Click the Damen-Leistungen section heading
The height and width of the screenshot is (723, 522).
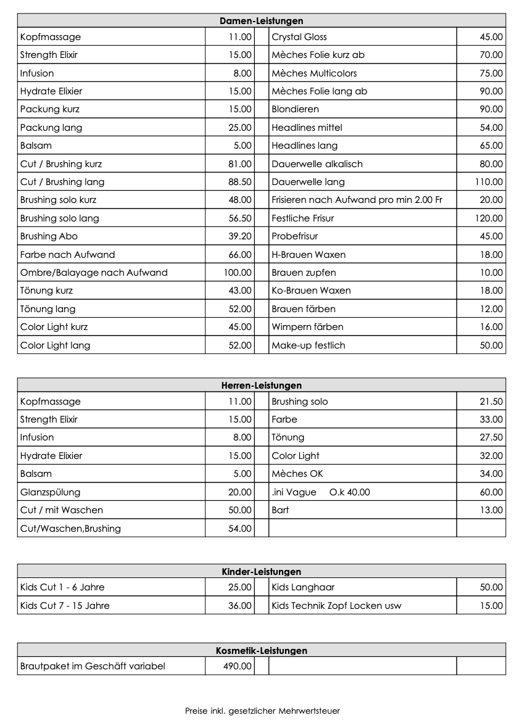(x=262, y=21)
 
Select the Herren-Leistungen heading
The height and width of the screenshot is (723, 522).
(x=262, y=386)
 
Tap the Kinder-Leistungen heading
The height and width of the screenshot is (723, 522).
(x=262, y=572)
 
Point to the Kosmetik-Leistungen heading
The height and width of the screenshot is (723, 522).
(x=262, y=651)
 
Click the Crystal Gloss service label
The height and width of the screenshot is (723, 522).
(x=299, y=37)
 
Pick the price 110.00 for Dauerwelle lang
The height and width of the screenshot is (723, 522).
(x=489, y=182)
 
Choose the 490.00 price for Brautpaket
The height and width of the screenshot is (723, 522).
(x=238, y=666)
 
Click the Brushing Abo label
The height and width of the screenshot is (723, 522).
(x=49, y=236)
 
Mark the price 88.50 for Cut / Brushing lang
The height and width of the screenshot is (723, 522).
(x=239, y=182)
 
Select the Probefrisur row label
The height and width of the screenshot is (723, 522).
(x=295, y=236)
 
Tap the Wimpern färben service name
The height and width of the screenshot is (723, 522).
(x=307, y=327)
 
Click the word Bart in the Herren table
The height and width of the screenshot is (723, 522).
(x=280, y=510)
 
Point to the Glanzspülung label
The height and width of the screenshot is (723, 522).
(x=50, y=492)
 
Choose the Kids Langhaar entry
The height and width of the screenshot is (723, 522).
(x=303, y=587)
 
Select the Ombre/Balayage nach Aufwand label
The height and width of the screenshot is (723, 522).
(x=94, y=273)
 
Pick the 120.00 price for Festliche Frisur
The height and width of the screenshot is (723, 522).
(x=489, y=218)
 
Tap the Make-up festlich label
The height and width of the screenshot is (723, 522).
(x=309, y=345)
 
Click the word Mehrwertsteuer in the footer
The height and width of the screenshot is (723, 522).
(x=309, y=711)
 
